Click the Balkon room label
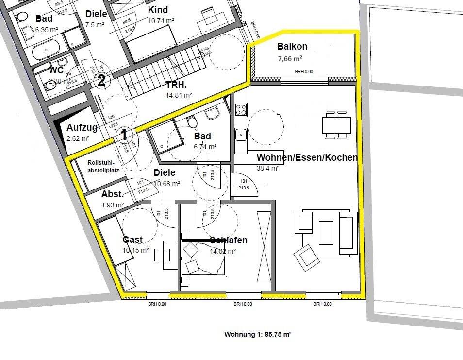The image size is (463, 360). [x=292, y=47]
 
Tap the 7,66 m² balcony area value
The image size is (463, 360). [x=290, y=58]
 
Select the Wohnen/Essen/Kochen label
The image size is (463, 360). [x=307, y=158]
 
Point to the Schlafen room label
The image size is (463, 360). [x=229, y=240]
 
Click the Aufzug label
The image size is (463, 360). [x=82, y=128]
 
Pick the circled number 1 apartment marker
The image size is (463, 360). [x=124, y=135]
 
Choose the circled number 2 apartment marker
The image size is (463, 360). [x=101, y=81]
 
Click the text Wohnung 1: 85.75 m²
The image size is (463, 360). [x=257, y=335]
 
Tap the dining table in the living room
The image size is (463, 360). [x=337, y=125]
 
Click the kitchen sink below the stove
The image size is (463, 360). [x=241, y=135]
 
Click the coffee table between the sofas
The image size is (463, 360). [x=326, y=232]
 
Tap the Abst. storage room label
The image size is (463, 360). [x=112, y=194]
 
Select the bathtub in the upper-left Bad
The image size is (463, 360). [x=46, y=50]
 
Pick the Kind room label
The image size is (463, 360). [x=158, y=10]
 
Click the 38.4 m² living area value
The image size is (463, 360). [x=267, y=168]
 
